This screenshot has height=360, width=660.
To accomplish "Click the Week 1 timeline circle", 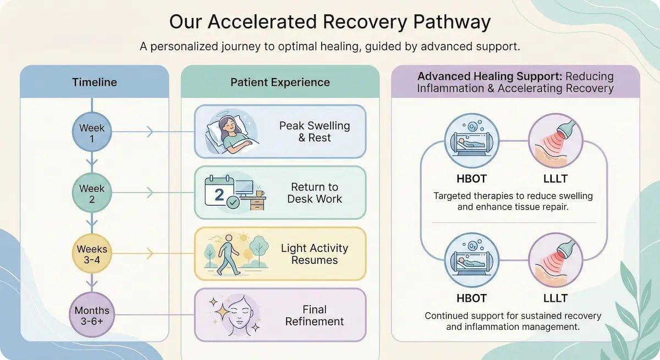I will point(92,133).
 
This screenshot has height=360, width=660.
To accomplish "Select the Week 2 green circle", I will point(92,193).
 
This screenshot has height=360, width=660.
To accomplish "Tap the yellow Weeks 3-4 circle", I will point(92,254).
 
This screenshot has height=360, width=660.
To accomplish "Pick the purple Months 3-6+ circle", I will point(92,315).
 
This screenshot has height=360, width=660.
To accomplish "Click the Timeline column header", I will point(94,82).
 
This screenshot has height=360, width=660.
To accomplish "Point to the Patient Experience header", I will point(280,82).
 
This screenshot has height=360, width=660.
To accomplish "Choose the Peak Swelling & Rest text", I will point(314,132).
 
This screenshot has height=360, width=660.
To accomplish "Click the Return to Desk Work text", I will point(314,193).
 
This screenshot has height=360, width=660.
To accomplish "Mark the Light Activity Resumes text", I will point(314,254).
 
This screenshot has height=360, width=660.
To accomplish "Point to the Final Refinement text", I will point(314,315).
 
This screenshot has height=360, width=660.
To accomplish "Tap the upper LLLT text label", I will point(555,179).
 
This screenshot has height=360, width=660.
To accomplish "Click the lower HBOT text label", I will point(471,298).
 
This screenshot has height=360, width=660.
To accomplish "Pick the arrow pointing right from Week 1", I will point(150,132).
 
